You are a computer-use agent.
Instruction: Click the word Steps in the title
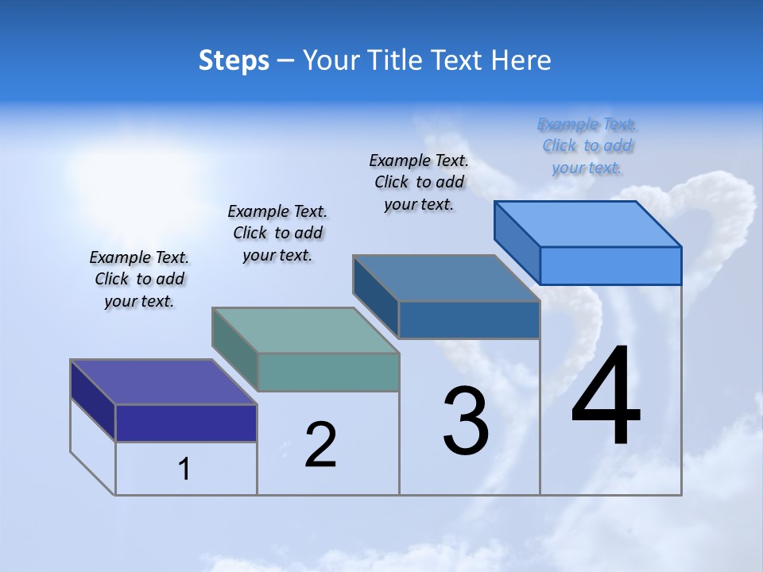[234, 60]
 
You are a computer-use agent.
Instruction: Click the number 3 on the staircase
[466, 422]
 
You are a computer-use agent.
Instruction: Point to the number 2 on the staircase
[321, 445]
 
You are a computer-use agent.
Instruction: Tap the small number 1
[184, 469]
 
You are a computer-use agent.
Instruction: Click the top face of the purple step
[163, 381]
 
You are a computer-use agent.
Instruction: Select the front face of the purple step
[186, 423]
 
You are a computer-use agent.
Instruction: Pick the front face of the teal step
[328, 372]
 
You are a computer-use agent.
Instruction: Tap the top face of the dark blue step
[446, 278]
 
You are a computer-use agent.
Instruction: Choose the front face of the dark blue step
[469, 319]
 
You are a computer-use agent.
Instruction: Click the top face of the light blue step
[587, 223]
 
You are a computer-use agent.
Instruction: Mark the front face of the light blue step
[610, 265]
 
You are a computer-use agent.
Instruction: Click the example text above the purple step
[139, 279]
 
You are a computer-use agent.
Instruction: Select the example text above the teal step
[277, 233]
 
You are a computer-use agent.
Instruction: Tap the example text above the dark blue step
[419, 182]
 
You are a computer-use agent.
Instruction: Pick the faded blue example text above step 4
[587, 145]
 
